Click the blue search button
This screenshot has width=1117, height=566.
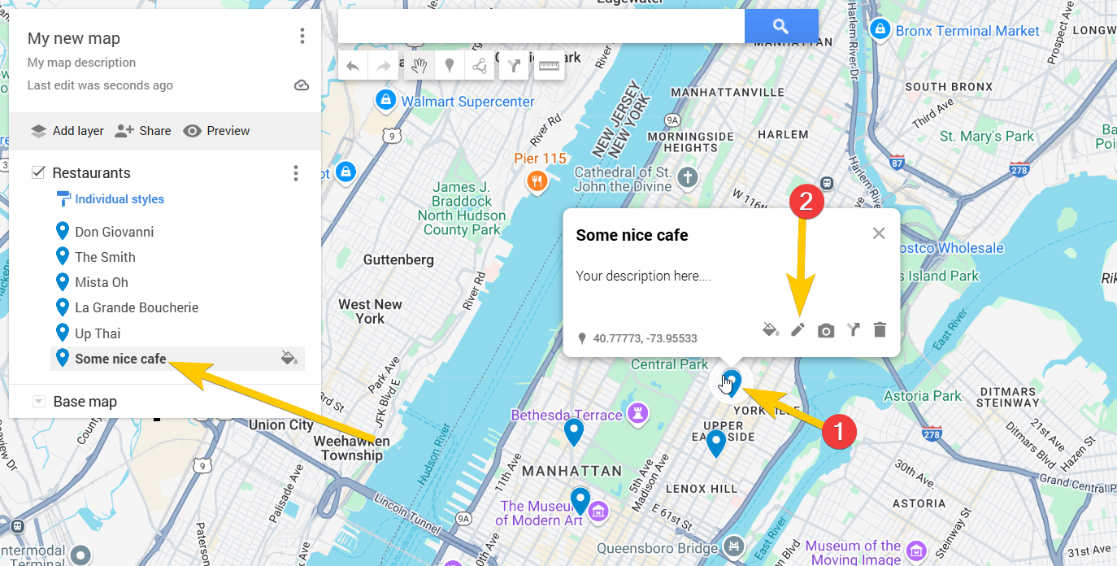(x=780, y=26)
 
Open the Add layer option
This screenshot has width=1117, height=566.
(x=67, y=131)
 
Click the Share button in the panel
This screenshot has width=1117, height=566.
(x=143, y=131)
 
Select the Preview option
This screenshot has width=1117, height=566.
(x=216, y=131)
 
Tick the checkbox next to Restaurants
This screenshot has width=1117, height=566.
(x=38, y=172)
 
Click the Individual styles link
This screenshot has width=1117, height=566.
(x=119, y=199)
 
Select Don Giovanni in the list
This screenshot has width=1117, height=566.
(x=114, y=232)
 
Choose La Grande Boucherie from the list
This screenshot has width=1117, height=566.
(x=137, y=307)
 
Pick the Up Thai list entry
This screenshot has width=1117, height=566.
(x=98, y=333)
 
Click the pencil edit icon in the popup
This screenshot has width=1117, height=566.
(x=798, y=329)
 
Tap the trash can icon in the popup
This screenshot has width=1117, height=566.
(x=880, y=329)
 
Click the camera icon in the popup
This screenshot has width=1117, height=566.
(x=826, y=330)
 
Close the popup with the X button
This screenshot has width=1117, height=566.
(x=879, y=233)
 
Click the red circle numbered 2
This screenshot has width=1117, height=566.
(x=806, y=202)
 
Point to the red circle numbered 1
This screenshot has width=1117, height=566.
(x=839, y=430)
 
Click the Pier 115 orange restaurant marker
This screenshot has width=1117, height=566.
(x=536, y=181)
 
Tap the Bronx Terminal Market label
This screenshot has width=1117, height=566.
(x=967, y=31)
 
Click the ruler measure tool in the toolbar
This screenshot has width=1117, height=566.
(x=550, y=66)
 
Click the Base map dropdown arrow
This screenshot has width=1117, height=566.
(x=38, y=402)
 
